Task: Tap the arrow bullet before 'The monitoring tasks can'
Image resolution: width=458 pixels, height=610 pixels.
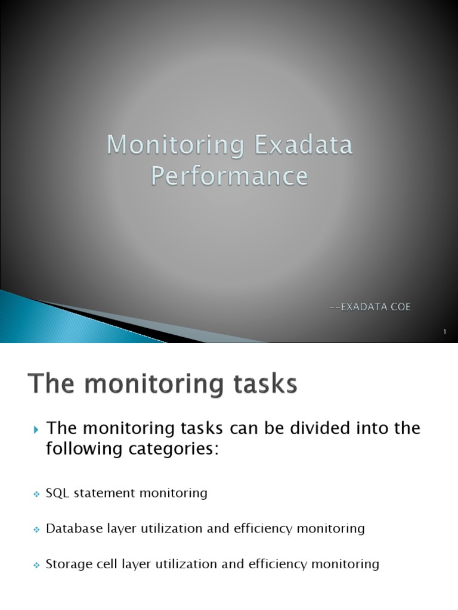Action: [x=35, y=429]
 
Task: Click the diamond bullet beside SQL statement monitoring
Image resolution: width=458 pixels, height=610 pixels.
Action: [x=36, y=494]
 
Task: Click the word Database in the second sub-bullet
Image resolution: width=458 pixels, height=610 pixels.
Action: [x=70, y=528]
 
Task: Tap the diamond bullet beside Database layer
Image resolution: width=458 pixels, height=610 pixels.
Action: [x=36, y=529]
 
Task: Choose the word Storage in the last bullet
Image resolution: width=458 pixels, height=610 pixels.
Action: [x=66, y=564]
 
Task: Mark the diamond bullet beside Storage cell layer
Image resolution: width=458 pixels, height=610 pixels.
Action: [x=36, y=564]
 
